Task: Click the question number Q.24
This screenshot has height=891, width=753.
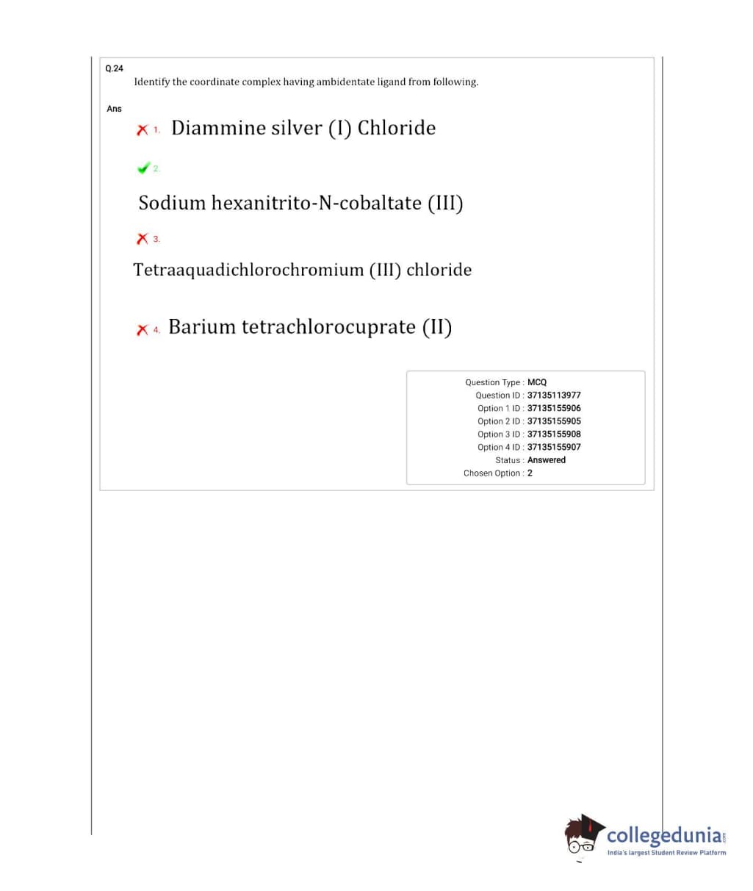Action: (x=114, y=68)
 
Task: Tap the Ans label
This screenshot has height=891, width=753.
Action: (x=114, y=109)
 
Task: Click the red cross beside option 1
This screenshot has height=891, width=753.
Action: (x=142, y=130)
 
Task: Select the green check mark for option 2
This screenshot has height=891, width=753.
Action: (x=143, y=168)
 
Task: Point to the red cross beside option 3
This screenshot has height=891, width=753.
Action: (x=142, y=239)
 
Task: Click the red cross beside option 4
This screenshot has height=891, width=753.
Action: (x=142, y=329)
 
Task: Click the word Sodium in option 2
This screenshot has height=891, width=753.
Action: (x=172, y=203)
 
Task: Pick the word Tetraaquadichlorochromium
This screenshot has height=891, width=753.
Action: (x=248, y=271)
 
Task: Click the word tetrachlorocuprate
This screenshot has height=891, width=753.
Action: (x=328, y=327)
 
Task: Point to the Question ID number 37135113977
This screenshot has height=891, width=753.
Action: (x=554, y=396)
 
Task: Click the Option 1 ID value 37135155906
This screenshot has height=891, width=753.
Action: (x=554, y=408)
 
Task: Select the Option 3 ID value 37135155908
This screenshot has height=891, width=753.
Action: (x=554, y=434)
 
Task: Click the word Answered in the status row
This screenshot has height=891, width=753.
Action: (x=547, y=460)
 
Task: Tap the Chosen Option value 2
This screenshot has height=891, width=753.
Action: (x=530, y=473)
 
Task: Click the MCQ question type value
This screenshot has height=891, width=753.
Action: (x=537, y=382)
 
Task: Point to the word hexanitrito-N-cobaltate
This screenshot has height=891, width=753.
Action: (x=317, y=203)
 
